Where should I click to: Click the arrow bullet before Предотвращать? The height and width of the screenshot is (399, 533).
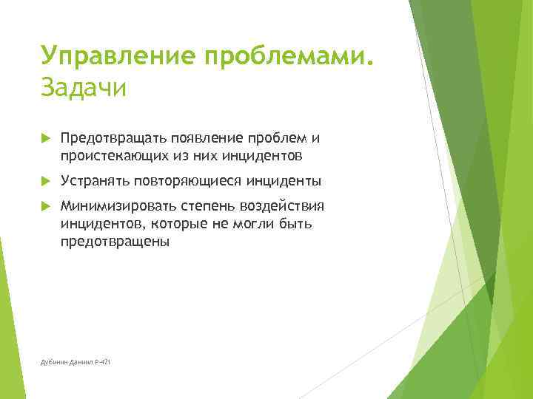(46, 137)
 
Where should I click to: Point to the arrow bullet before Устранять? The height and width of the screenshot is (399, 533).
(46, 180)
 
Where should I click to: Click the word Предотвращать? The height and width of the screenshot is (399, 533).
(114, 137)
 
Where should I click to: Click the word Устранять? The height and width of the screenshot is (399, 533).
(95, 180)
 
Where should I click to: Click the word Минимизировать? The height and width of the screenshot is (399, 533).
(118, 205)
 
